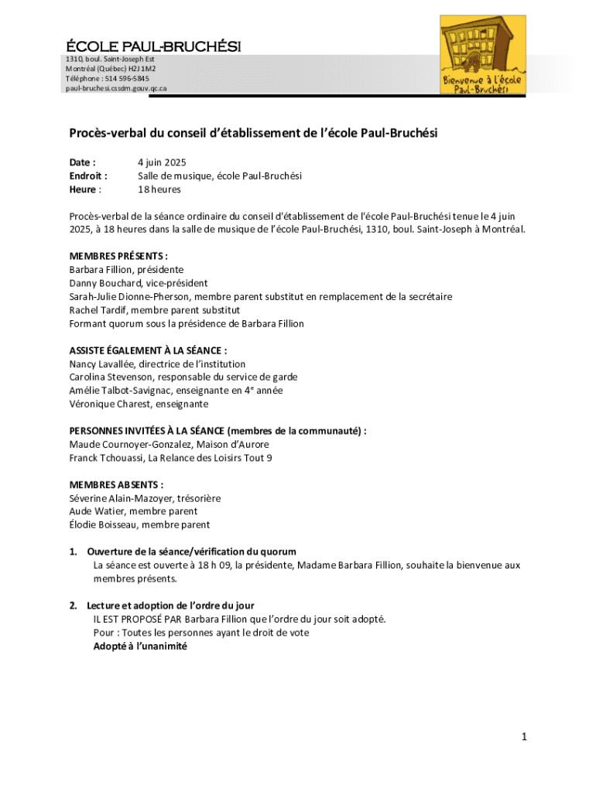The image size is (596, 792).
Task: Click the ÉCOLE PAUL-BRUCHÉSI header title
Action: [153, 46]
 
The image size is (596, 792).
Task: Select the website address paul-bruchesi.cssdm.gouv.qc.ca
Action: [115, 88]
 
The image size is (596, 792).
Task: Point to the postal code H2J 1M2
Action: [139, 68]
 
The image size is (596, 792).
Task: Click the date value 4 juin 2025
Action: [163, 162]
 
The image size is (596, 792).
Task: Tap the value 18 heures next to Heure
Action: [159, 189]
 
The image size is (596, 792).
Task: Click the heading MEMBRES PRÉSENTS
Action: [118, 256]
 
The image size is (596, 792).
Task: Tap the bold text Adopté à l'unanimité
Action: [140, 646]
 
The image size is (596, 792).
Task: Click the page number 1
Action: [524, 737]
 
